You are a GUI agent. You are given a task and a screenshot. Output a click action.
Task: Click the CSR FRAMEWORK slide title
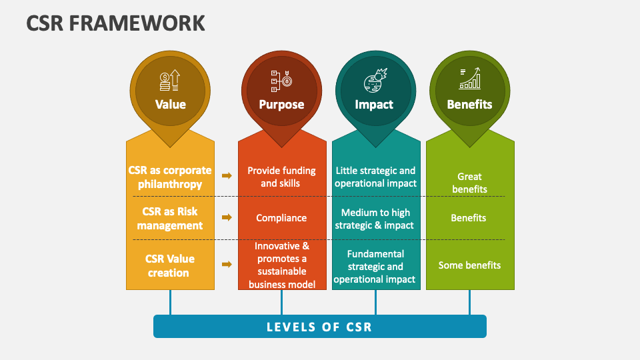point(115,23)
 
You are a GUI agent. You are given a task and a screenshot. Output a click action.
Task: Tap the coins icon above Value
point(170,81)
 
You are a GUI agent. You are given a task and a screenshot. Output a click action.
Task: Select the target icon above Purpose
point(281,81)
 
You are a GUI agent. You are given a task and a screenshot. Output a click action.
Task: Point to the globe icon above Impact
point(375,81)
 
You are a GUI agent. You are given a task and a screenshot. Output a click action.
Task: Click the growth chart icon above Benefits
point(470,79)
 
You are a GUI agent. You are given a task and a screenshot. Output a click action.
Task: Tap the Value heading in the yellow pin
point(170,105)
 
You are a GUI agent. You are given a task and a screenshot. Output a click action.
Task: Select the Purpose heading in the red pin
point(281,105)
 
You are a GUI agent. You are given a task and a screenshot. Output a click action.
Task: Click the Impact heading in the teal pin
point(374,105)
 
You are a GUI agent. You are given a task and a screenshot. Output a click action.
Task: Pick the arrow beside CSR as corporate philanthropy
point(227,175)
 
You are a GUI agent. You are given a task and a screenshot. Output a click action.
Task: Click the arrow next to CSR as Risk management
point(227,217)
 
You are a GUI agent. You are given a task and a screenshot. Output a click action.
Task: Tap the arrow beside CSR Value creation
point(227,265)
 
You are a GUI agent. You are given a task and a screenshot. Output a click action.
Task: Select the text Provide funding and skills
point(281,177)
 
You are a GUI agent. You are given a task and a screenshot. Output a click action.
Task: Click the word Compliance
point(281,218)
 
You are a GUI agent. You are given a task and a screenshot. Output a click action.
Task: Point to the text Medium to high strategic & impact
point(375,219)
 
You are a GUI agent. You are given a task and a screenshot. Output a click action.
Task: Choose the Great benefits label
point(469,183)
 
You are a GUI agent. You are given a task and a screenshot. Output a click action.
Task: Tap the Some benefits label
point(469,265)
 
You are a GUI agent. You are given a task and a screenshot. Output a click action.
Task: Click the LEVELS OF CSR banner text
point(319,327)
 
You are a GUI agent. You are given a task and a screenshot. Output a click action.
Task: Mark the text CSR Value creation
point(169,266)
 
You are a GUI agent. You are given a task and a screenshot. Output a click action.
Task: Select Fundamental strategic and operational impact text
point(375,267)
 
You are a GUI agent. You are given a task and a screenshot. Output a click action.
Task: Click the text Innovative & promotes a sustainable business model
point(281,265)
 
